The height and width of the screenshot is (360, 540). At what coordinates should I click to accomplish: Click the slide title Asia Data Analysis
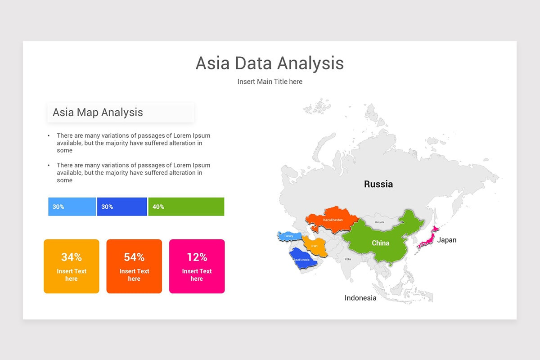pyautogui.click(x=270, y=63)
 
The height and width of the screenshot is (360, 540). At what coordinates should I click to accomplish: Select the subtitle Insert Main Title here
pyautogui.click(x=270, y=82)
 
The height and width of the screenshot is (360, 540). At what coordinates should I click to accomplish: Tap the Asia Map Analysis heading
pyautogui.click(x=98, y=112)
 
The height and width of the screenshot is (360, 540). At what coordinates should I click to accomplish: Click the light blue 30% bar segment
pyautogui.click(x=72, y=207)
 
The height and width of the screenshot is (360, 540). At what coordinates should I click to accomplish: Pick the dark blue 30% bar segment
pyautogui.click(x=122, y=207)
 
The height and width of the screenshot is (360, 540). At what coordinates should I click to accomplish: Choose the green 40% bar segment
pyautogui.click(x=186, y=207)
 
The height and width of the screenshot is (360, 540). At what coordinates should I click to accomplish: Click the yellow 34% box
pyautogui.click(x=71, y=266)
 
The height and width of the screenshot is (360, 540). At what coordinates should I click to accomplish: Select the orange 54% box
pyautogui.click(x=134, y=266)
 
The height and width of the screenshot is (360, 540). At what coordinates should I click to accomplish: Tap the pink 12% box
pyautogui.click(x=197, y=266)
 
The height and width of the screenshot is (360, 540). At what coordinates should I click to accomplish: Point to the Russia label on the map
pyautogui.click(x=378, y=184)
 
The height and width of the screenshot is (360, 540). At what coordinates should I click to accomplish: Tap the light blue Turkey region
pyautogui.click(x=288, y=236)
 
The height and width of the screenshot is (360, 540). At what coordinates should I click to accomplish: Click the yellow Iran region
pyautogui.click(x=314, y=245)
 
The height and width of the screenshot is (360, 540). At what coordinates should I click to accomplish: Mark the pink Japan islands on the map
pyautogui.click(x=427, y=238)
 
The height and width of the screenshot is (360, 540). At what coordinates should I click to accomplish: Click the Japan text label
pyautogui.click(x=447, y=240)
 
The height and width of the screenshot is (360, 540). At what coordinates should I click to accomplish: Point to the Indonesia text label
pyautogui.click(x=360, y=298)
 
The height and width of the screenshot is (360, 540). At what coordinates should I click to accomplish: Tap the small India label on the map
pyautogui.click(x=348, y=259)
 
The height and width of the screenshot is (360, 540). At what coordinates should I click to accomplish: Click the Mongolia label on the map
pyautogui.click(x=380, y=222)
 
